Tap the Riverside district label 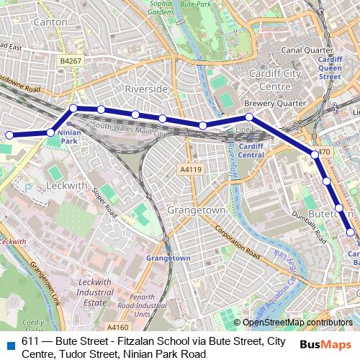pos(146,88)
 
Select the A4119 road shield pos(189,169)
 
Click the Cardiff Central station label pos(251,150)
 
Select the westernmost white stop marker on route pos(10,135)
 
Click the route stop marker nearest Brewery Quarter pos(249,117)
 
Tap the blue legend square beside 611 pos(8,343)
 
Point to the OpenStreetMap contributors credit pos(297,323)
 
